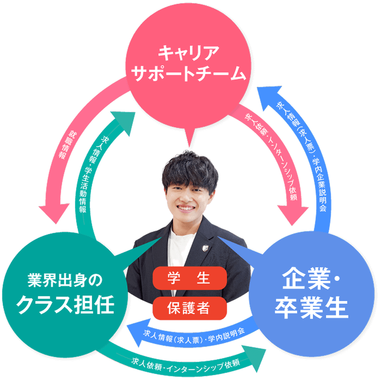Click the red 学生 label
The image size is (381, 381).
point(189,278)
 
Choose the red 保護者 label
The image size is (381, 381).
point(189,308)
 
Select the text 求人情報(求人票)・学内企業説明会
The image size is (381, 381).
point(305,155)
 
